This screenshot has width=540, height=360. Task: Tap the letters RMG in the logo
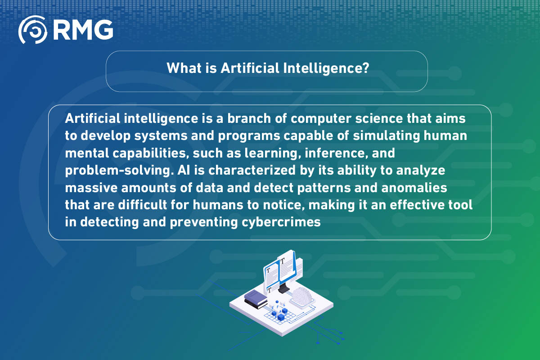tap(83, 30)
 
